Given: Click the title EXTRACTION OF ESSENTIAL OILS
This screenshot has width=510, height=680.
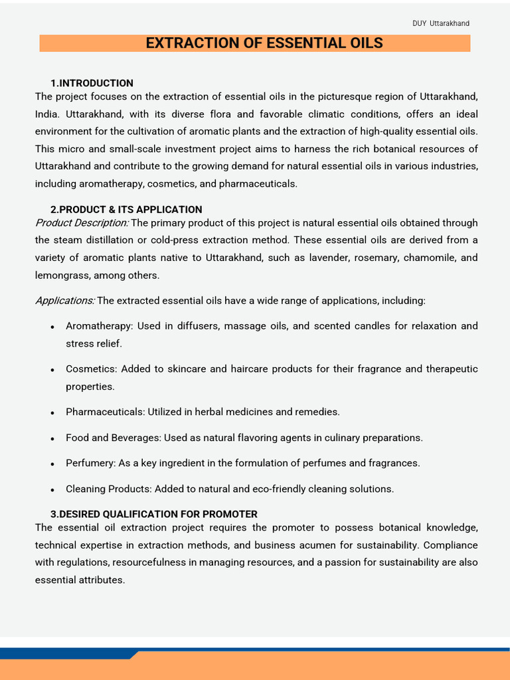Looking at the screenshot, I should [x=264, y=43].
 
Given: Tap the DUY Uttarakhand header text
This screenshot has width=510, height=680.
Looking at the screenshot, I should [x=441, y=23].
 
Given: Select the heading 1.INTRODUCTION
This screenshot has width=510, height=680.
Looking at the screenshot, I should [x=92, y=83].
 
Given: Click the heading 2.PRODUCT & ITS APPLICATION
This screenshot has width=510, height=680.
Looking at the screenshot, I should [x=126, y=209].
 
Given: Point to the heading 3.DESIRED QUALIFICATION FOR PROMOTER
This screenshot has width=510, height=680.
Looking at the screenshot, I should [x=154, y=514].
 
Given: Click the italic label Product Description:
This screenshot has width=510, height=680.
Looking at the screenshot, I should [x=82, y=222].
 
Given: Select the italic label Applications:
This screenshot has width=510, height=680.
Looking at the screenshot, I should [x=65, y=301].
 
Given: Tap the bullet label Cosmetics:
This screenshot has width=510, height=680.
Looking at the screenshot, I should [x=92, y=369].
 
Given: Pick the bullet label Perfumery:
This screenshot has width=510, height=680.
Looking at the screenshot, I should [x=90, y=463].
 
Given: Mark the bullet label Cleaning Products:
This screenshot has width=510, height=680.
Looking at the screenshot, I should [x=108, y=489].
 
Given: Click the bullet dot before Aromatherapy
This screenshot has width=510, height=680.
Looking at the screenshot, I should [x=52, y=327].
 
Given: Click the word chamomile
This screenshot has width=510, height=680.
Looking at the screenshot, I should [x=428, y=258].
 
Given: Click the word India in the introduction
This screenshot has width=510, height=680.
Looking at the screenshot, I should [x=47, y=114].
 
